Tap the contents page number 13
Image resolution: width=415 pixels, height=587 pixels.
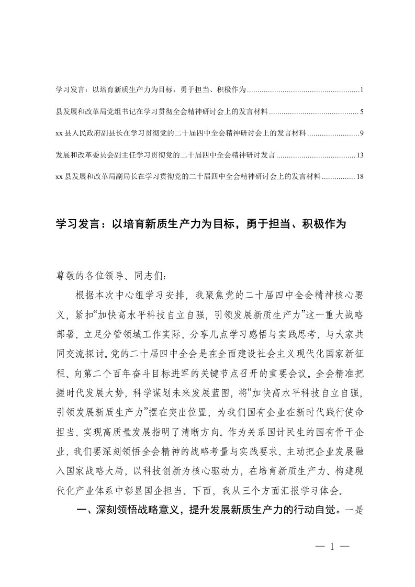[359, 155]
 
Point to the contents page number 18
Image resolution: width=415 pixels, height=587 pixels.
[359, 177]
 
